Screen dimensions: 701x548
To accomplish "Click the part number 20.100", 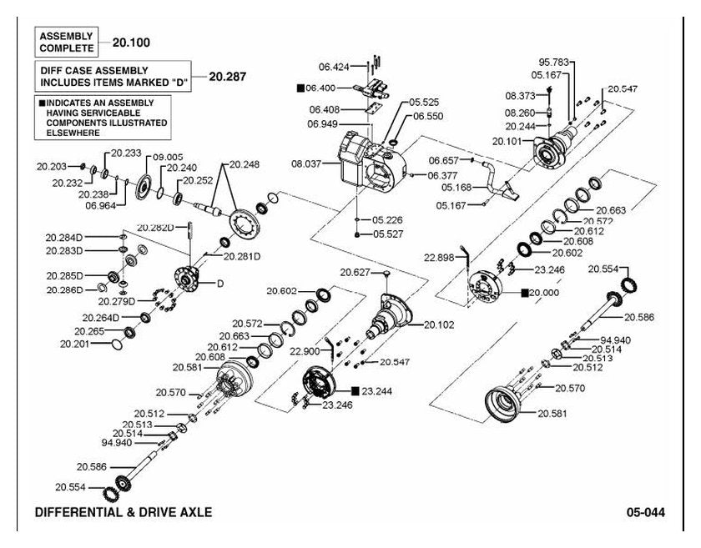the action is pos(131,43).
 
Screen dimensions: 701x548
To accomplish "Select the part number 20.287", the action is pos(228,77).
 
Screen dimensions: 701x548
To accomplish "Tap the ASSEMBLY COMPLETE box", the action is pos(66,42).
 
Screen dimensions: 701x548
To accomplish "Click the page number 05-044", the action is pos(645,512).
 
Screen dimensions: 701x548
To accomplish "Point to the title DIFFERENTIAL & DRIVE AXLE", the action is pos(124,512).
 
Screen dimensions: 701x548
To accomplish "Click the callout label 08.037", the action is pos(306,164).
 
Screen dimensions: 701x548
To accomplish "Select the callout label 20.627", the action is pos(355,272).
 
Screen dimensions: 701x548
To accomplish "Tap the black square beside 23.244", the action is pos(356,391).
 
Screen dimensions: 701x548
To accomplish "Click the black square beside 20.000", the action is pos(525,293).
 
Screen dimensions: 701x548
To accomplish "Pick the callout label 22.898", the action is pos(439,258).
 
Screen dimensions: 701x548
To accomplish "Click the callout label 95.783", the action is pos(553,62).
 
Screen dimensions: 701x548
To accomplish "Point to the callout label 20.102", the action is pos(439,325).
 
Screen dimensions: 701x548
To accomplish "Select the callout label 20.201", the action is pos(74,344).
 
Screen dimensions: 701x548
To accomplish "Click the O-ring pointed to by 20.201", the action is pos(117,344).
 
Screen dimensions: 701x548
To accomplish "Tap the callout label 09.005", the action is pos(168,158).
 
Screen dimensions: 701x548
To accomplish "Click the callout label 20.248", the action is pos(244,164).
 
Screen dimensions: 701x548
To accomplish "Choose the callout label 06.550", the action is pos(428,116).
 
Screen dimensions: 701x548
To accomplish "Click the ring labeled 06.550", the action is pos(393,143).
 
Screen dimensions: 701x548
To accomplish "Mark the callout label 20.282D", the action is pos(155,228).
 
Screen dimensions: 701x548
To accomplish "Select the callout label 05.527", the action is pos(387,234).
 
